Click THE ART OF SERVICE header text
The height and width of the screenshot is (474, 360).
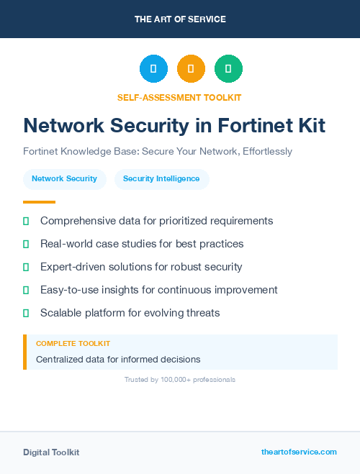180,19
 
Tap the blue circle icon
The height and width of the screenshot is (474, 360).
153,69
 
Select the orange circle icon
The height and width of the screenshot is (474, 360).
191,69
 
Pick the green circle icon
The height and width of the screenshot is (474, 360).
228,69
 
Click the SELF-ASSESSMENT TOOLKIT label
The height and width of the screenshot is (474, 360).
179,97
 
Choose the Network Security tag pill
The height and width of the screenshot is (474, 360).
64,179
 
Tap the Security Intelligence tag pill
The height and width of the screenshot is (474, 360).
161,179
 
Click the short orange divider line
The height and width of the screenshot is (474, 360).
39,202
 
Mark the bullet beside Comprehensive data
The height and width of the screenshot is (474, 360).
26,221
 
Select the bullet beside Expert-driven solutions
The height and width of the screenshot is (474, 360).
26,267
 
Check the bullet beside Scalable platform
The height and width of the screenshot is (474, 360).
26,313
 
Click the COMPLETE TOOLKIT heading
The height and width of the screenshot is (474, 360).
73,344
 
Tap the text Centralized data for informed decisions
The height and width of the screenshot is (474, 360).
118,359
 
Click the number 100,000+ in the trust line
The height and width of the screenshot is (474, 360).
176,379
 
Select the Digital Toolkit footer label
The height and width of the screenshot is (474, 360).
51,452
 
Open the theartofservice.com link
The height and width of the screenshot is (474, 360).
299,452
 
